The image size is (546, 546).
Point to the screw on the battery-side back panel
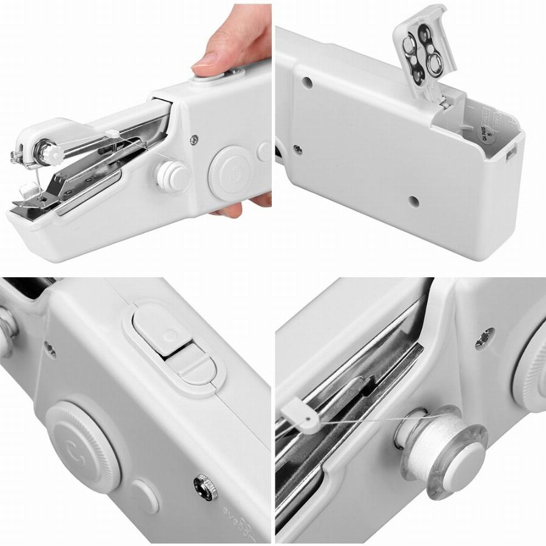[x=298, y=148]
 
